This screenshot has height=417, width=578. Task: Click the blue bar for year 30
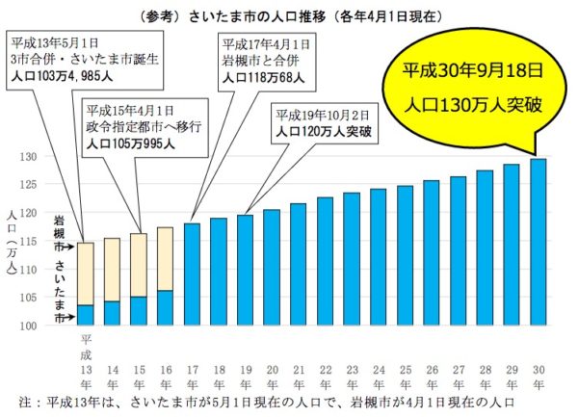(539, 242)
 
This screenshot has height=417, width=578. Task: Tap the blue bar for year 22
(325, 261)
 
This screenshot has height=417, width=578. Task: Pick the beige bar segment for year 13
(86, 274)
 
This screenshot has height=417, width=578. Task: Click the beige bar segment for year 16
(165, 259)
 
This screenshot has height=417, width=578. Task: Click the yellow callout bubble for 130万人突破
(473, 88)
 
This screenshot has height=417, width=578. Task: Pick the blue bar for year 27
(459, 251)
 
